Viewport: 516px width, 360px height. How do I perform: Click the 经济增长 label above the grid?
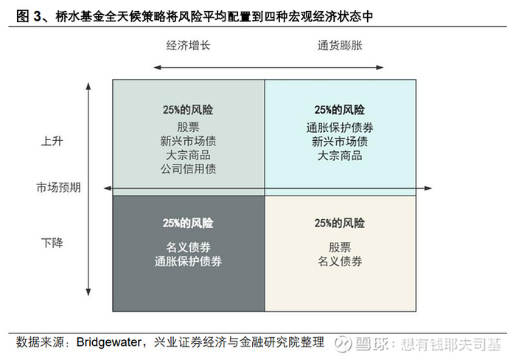pyautogui.click(x=188, y=45)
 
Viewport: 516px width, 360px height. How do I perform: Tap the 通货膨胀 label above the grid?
pyautogui.click(x=340, y=45)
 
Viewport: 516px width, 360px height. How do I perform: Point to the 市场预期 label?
pyautogui.click(x=58, y=187)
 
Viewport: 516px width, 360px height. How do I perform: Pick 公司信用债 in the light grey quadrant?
pyautogui.click(x=188, y=169)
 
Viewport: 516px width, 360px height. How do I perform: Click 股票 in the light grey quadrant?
pyautogui.click(x=188, y=126)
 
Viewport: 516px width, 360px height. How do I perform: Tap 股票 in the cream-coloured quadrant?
pyautogui.click(x=340, y=246)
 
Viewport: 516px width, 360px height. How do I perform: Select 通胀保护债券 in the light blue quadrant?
pyautogui.click(x=340, y=126)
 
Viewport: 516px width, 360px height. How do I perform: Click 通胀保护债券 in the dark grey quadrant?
pyautogui.click(x=188, y=260)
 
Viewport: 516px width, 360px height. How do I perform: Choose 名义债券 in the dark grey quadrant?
pyautogui.click(x=188, y=246)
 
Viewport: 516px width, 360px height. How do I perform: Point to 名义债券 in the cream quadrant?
pyautogui.click(x=340, y=260)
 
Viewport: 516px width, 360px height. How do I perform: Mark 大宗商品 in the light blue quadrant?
pyautogui.click(x=340, y=155)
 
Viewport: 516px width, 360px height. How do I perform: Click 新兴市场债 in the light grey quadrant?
pyautogui.click(x=188, y=140)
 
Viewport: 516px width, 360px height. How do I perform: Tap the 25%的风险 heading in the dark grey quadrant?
pyautogui.click(x=188, y=222)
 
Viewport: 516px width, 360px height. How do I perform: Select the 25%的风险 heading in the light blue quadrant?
pyautogui.click(x=340, y=108)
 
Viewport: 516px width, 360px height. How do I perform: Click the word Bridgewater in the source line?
pyautogui.click(x=111, y=342)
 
